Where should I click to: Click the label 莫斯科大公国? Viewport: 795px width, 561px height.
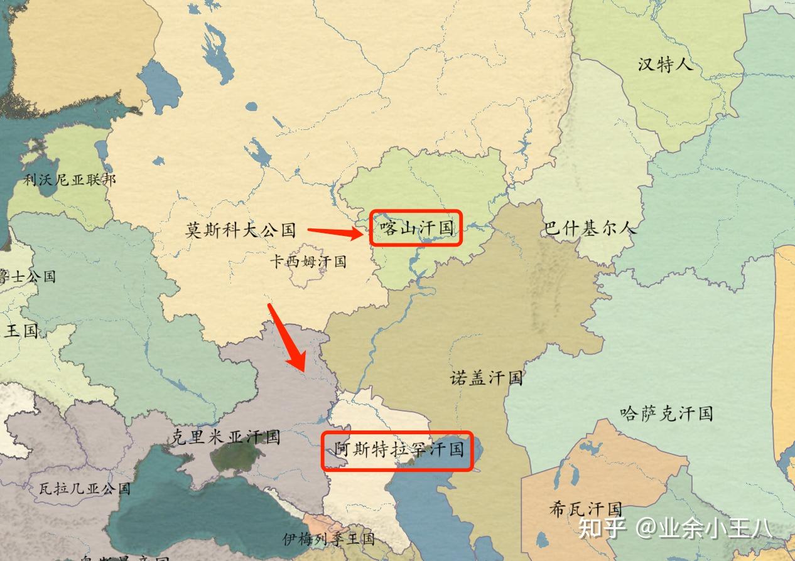(x=241, y=230)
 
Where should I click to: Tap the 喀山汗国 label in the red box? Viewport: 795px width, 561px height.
(x=416, y=228)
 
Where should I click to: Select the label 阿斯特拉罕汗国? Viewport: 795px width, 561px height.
(x=398, y=449)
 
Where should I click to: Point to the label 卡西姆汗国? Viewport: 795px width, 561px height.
(x=308, y=261)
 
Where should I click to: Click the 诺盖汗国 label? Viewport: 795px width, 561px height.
(x=486, y=378)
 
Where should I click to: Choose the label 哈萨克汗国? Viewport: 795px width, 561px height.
(x=666, y=413)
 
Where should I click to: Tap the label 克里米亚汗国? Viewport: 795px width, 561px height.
(x=225, y=437)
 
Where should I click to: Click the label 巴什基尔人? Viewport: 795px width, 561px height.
(x=590, y=228)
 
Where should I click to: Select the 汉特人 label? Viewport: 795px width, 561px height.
(x=665, y=64)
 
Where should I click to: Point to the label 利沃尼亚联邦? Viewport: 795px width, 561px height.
(x=70, y=180)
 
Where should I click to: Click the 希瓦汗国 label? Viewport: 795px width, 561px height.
(x=585, y=508)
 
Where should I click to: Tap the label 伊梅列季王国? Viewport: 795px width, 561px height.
(x=328, y=538)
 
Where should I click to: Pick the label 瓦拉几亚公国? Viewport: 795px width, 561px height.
(x=84, y=488)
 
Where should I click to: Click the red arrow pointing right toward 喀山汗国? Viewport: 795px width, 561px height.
(x=335, y=233)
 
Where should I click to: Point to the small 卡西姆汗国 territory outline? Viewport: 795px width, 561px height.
(x=306, y=276)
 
